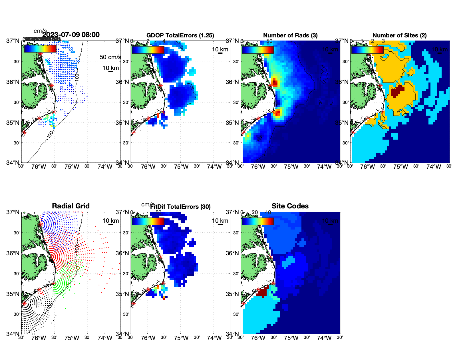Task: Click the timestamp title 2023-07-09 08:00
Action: tap(71, 35)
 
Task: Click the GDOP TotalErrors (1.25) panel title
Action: tap(180, 35)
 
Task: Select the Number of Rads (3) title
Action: tap(290, 35)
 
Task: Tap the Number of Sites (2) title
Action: tap(399, 35)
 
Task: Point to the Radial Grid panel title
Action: tap(71, 206)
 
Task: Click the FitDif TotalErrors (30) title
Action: tap(180, 207)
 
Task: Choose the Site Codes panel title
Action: tap(290, 206)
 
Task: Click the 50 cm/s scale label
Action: tap(110, 57)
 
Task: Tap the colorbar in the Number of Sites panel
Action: tap(367, 50)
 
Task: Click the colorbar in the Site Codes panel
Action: tap(257, 221)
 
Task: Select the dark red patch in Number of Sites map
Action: tap(397, 91)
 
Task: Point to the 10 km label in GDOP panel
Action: tap(220, 49)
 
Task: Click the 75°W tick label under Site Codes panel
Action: tap(291, 338)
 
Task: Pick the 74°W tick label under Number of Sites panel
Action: tap(434, 167)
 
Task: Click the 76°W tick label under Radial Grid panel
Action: tap(39, 338)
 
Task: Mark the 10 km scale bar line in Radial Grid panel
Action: tap(111, 224)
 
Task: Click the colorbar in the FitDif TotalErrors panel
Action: tap(148, 221)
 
